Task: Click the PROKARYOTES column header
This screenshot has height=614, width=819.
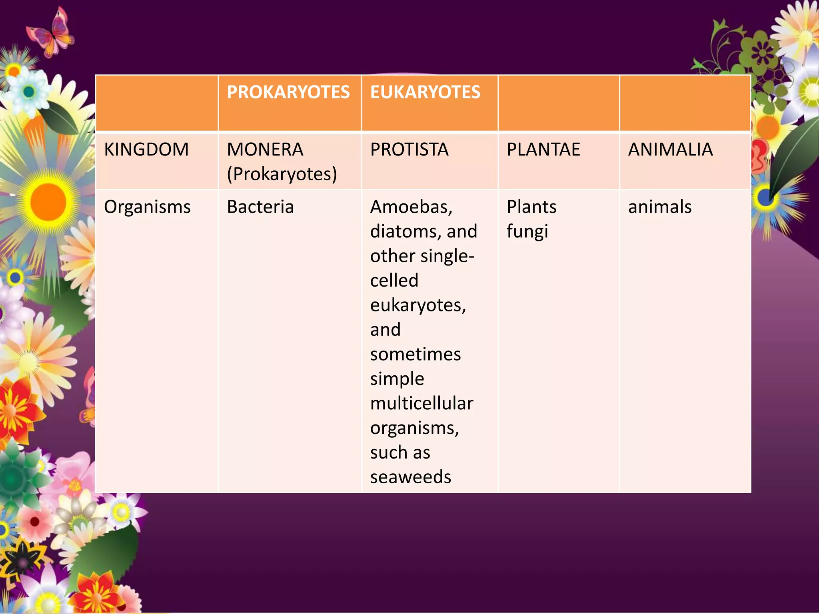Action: coord(288,92)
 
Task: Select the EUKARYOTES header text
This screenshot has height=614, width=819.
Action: coord(425,92)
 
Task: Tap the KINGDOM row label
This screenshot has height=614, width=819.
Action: coord(146,150)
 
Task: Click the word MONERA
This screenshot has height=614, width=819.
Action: coord(265,150)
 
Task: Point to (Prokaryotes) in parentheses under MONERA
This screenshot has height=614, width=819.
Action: coord(282,174)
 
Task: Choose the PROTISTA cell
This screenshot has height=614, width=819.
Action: coord(409,150)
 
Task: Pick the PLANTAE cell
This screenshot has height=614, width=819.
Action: coord(543,150)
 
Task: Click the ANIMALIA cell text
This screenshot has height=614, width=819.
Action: coord(670,150)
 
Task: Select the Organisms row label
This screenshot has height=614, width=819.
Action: coord(147,207)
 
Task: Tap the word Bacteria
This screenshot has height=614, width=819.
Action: coord(260,207)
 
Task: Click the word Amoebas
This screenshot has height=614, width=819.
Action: coord(411,207)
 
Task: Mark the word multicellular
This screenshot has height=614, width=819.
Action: coord(421,403)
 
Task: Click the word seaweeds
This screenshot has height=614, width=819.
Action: coord(410,477)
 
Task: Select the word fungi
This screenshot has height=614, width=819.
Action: coord(527,232)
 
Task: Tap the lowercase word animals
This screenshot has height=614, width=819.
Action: coord(660,207)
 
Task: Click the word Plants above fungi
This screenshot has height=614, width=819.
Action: coord(531,207)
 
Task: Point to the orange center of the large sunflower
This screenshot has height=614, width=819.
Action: coord(48,202)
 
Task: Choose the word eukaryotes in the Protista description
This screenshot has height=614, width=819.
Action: coord(418,305)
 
